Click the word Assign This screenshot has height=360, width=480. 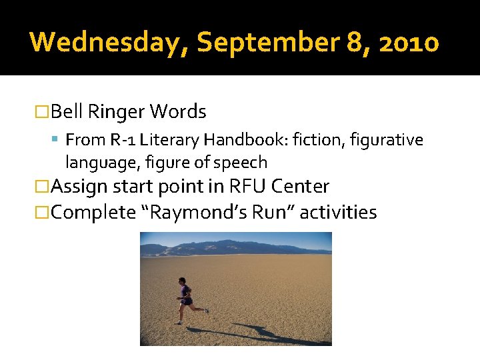click(x=79, y=187)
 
